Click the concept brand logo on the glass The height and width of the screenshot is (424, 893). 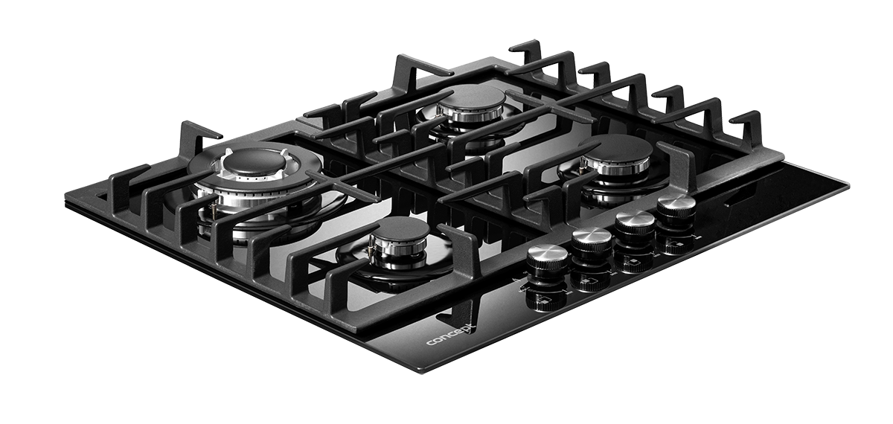tap(451, 335)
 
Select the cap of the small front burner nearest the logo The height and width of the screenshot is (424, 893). tap(400, 231)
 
